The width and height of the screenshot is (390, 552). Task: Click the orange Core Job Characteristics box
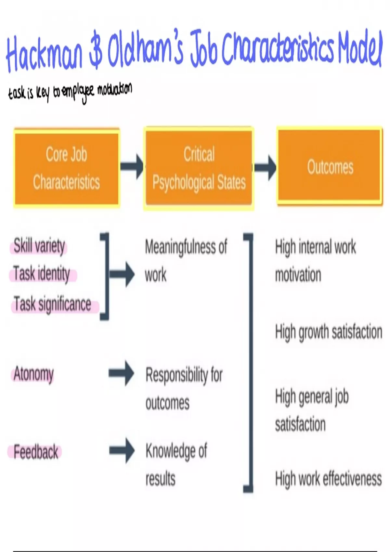pos(67,168)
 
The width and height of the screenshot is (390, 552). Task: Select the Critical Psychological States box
pos(199,168)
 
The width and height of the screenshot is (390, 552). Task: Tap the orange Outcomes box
pos(330,167)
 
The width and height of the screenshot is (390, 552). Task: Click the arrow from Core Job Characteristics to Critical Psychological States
pos(132,166)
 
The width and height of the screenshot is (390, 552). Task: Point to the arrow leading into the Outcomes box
pos(265,167)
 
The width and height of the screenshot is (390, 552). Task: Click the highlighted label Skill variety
pos(39,246)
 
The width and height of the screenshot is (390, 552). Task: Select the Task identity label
pos(42,274)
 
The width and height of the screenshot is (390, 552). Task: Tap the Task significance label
pos(52,305)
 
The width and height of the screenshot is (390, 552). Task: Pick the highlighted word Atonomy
pos(33,374)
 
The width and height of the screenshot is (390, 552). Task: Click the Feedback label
pos(36,452)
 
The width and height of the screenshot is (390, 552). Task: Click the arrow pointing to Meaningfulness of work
pos(122,274)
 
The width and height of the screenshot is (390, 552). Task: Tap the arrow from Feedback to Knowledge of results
pos(122,450)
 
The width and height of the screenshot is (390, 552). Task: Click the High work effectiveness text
pos(328,479)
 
